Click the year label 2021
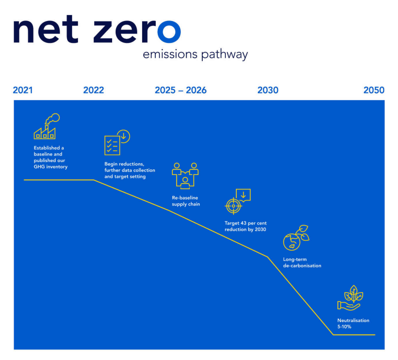click(23, 90)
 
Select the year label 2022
click(94, 90)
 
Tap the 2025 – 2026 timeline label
click(180, 90)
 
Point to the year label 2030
click(268, 90)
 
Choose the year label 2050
click(374, 90)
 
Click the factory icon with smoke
click(46, 126)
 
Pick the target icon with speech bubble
click(238, 201)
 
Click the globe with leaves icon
click(295, 238)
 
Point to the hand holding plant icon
click(350, 298)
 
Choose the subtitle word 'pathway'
click(224, 55)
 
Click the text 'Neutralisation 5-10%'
click(353, 323)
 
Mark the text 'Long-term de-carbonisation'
click(302, 262)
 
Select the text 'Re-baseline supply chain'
click(186, 201)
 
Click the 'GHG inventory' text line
click(51, 166)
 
